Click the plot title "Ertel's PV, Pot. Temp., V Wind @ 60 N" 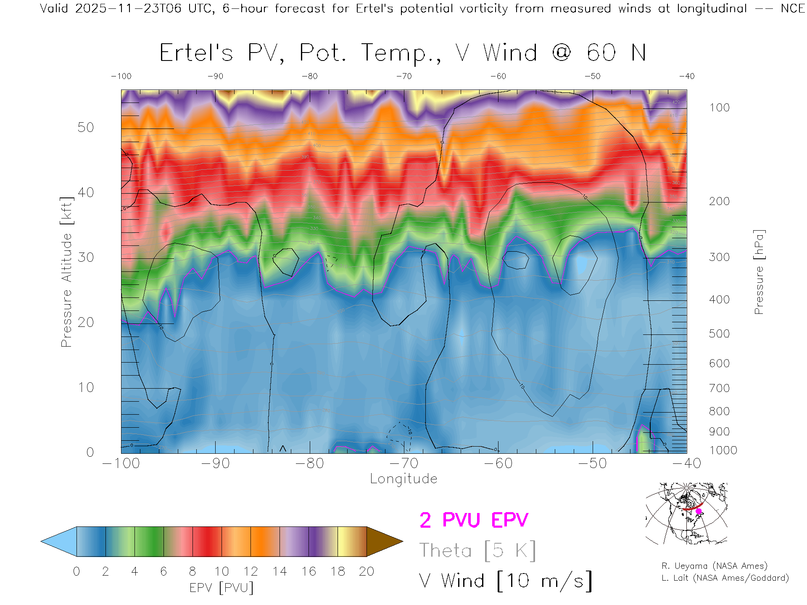tap(402, 53)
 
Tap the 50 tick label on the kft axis tap(86, 127)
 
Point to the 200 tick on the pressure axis tap(719, 201)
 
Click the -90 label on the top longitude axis tap(215, 76)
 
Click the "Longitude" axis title tap(403, 479)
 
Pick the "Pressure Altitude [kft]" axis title tap(67, 272)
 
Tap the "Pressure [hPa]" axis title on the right tap(759, 272)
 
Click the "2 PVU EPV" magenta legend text tap(474, 520)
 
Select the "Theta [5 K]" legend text tap(477, 550)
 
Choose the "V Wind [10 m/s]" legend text tap(505, 581)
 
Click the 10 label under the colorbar tap(222, 571)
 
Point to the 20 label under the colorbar tap(367, 571)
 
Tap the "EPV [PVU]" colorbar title tap(222, 588)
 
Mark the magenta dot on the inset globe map tap(699, 511)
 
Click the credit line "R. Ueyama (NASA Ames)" tap(714, 566)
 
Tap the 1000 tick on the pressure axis tap(723, 450)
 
